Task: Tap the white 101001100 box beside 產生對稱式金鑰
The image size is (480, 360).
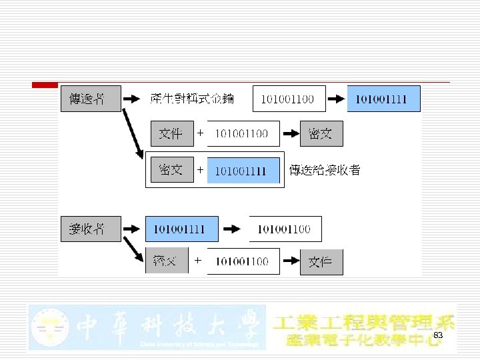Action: [x=289, y=99]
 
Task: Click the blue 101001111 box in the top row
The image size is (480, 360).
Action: [x=383, y=99]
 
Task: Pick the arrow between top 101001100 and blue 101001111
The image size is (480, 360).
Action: [x=337, y=99]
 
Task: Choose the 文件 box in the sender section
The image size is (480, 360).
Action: [x=171, y=133]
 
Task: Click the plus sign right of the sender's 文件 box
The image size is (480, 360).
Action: [x=199, y=133]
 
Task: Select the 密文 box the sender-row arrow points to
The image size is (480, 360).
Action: [x=321, y=133]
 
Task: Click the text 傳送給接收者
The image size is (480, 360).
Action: [x=325, y=171]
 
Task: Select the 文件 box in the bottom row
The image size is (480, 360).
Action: [x=321, y=261]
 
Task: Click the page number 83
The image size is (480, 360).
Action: [x=438, y=335]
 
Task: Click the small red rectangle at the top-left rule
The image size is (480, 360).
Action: [x=45, y=84]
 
